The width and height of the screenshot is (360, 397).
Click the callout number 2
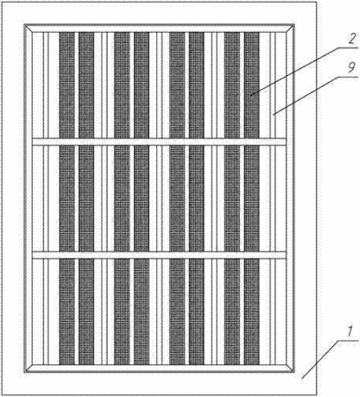pos(352,38)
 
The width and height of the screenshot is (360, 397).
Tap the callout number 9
pos(351,67)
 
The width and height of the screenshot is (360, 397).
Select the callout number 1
pos(349,332)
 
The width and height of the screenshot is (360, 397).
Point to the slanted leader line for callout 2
pos(295,71)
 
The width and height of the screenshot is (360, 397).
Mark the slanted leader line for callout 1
pos(319,359)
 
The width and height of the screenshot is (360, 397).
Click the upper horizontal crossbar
pos(159,141)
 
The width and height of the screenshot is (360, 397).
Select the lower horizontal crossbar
pos(159,255)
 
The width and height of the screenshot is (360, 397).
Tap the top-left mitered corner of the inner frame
pos(28,28)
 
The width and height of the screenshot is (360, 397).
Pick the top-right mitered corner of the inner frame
pos(290,28)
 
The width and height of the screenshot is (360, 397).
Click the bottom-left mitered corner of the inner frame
pos(28,369)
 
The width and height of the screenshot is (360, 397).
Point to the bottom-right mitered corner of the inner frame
pos(290,369)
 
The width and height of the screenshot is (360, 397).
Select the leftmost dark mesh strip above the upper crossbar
pos(67,85)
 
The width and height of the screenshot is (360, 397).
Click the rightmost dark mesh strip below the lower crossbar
pos(251,311)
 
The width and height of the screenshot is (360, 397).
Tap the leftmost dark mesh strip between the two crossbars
pos(67,198)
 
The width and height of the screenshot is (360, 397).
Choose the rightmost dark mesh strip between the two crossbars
pos(251,198)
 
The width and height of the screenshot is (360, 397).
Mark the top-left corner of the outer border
pos(3,3)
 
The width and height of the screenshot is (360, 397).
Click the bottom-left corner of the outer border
pos(3,394)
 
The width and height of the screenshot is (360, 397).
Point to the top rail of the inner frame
pos(159,28)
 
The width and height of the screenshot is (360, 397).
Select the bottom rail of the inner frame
pos(159,369)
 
